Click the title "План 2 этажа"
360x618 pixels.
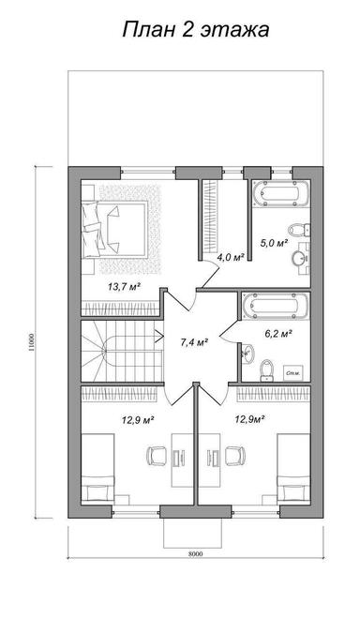[x=196, y=30]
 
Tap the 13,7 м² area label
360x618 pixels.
[x=124, y=287]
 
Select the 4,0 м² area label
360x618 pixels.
[x=231, y=257]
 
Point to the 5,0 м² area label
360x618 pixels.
[x=274, y=243]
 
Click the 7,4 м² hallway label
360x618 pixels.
[x=194, y=342]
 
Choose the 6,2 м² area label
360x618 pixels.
[x=277, y=334]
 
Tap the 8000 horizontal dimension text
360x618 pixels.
[x=195, y=553]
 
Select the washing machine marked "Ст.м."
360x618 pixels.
[x=293, y=372]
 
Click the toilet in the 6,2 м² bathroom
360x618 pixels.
[x=266, y=370]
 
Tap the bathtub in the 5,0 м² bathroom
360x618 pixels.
[x=281, y=193]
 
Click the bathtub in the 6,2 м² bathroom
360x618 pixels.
[x=276, y=306]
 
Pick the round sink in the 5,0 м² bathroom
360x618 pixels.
[x=299, y=259]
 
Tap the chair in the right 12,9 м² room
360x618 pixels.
[x=234, y=456]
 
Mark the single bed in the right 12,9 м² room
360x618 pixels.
[x=293, y=468]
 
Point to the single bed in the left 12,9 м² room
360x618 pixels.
[x=97, y=468]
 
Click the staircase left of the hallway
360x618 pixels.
[x=122, y=351]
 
